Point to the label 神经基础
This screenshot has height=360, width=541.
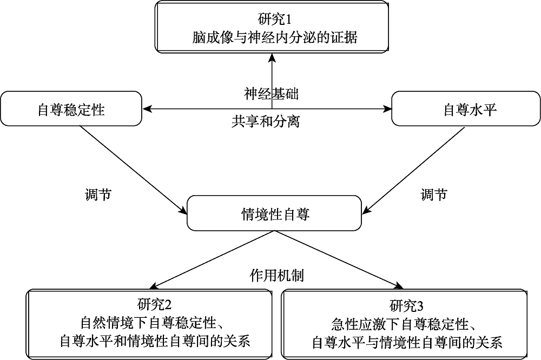point(271,94)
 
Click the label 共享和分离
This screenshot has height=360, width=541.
point(265,122)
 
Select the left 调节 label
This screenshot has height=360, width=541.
point(98,195)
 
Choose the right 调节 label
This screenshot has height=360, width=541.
point(434,195)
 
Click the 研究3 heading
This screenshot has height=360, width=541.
point(406,305)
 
